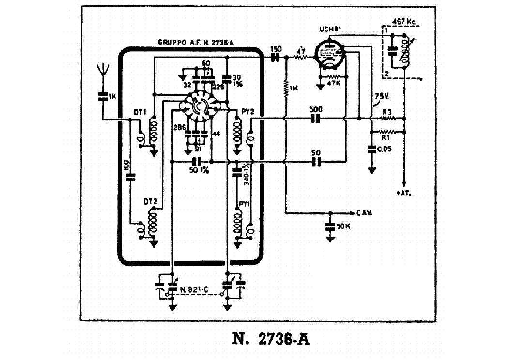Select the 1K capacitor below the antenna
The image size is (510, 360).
coord(102,96)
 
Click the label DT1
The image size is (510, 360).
coord(140,112)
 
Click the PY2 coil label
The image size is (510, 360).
coord(247,112)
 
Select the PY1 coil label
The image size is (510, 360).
coord(244,204)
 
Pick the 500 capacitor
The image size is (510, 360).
coord(316,119)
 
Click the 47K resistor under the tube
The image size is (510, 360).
coord(333,77)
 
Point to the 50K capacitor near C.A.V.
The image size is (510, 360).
coord(331,226)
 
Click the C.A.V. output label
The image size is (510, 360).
coord(364,213)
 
